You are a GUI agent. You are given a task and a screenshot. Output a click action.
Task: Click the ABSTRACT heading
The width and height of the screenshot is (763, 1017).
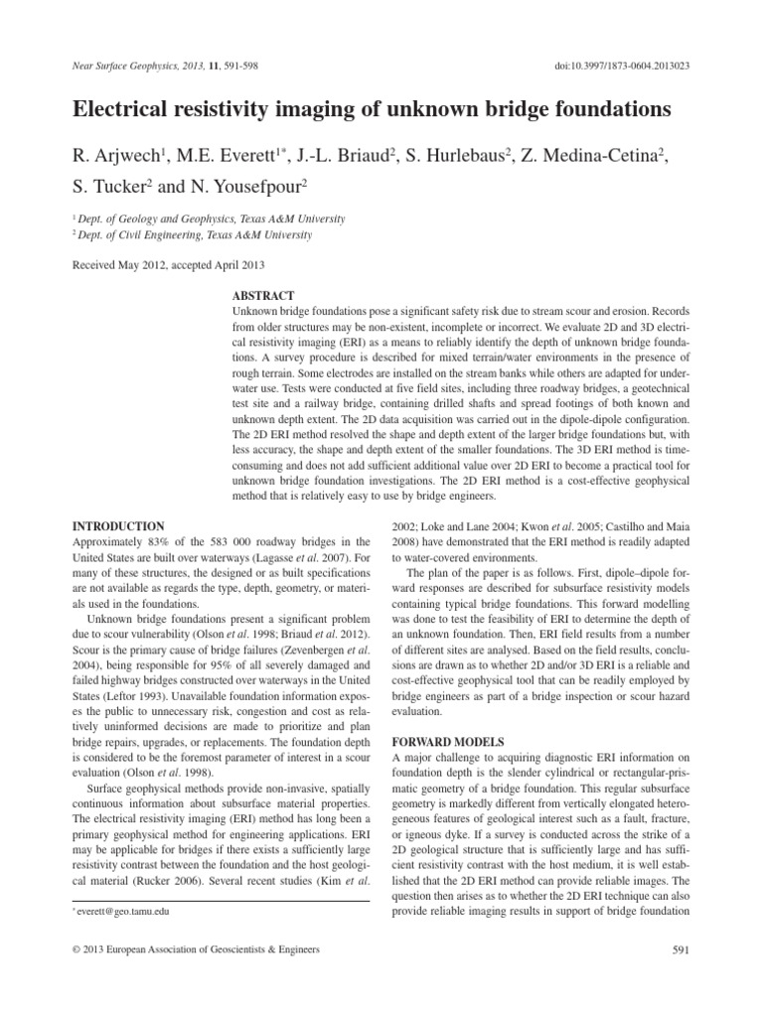262,296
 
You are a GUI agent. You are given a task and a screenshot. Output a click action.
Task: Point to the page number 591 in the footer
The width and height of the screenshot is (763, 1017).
681,950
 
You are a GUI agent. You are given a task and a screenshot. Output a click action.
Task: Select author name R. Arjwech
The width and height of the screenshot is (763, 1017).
112,154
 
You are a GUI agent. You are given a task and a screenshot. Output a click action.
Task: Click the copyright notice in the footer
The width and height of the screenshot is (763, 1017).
198,950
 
